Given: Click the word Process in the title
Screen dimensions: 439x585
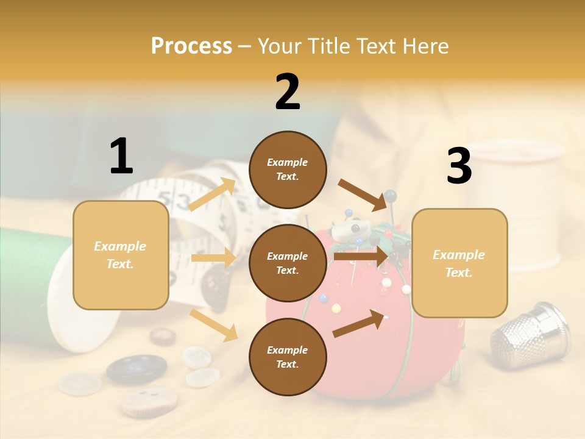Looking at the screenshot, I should click(x=191, y=46).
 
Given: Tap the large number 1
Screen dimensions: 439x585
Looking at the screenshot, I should click(x=121, y=156).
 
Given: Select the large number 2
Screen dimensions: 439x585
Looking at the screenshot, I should click(x=288, y=92).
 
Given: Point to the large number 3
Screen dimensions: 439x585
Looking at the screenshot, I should click(x=459, y=166).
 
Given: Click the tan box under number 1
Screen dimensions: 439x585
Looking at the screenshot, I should click(x=121, y=255).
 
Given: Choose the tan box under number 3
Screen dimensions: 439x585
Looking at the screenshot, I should click(x=459, y=263).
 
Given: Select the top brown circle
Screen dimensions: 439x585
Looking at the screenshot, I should click(x=288, y=170).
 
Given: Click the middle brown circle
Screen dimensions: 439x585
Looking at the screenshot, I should click(x=288, y=263).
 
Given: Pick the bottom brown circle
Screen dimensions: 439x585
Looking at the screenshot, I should click(x=288, y=357).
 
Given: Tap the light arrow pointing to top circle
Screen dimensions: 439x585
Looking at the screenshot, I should click(x=212, y=195).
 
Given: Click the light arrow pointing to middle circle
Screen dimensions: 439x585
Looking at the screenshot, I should click(x=213, y=258).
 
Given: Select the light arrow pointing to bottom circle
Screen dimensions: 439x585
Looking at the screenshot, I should click(x=213, y=325).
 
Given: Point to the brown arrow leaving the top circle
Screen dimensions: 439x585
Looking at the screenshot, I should click(x=363, y=195).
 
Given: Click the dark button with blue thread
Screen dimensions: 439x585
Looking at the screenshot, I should click(x=136, y=368).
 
